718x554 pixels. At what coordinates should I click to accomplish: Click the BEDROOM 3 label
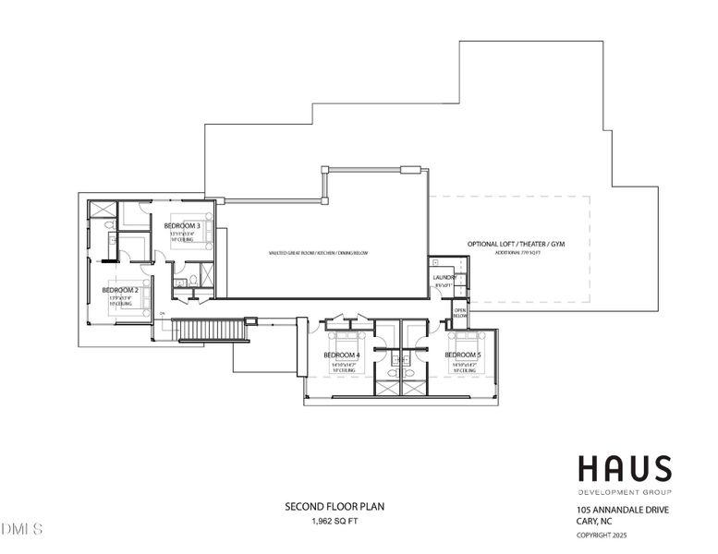(183, 225)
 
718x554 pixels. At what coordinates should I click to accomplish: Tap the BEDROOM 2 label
(120, 290)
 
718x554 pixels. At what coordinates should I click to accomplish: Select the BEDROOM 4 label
(342, 355)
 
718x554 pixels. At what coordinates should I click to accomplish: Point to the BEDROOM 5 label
(463, 355)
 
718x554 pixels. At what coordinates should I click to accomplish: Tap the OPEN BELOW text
(460, 313)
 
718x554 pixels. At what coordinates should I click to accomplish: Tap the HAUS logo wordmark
(625, 469)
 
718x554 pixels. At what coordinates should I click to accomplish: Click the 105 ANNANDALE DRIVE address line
(624, 510)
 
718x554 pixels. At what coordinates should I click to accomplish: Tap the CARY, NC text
(596, 522)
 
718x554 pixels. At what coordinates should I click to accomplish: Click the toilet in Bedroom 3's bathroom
(109, 224)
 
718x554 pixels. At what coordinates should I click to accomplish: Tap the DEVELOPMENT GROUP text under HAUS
(625, 490)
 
